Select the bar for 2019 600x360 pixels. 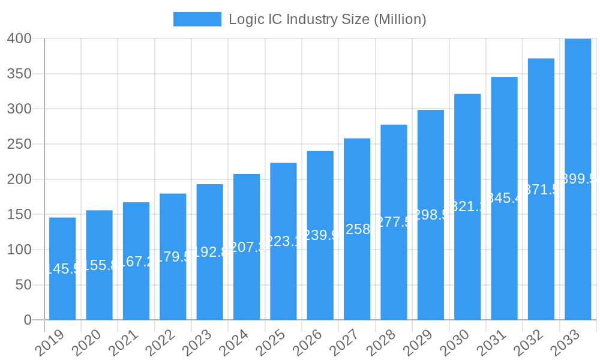(x=62, y=268)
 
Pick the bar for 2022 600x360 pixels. (x=173, y=256)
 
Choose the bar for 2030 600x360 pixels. (x=467, y=206)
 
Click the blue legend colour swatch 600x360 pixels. (x=197, y=19)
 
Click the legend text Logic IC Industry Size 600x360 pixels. (x=327, y=19)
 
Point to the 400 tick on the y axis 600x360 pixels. (x=19, y=38)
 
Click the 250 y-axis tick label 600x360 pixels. (x=19, y=144)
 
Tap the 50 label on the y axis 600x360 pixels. (x=23, y=285)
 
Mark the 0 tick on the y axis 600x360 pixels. (x=28, y=320)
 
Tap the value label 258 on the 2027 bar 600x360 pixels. (x=358, y=229)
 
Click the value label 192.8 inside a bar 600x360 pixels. (x=210, y=252)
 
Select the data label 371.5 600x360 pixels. (x=541, y=190)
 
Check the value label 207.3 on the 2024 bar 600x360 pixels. (x=247, y=247)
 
